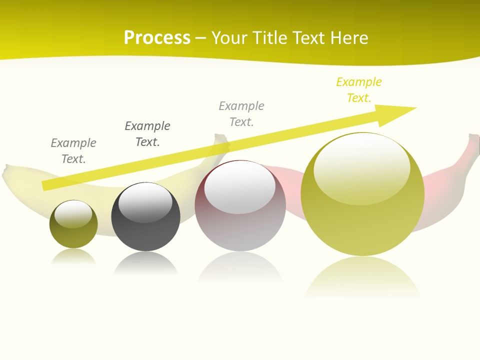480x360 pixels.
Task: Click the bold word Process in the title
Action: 157,38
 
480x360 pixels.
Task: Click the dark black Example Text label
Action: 147,134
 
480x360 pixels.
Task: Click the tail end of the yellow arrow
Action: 44,186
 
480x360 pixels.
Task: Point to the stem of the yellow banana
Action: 220,140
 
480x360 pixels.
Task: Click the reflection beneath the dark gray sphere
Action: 145,263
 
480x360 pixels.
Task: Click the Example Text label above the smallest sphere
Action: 73,151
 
